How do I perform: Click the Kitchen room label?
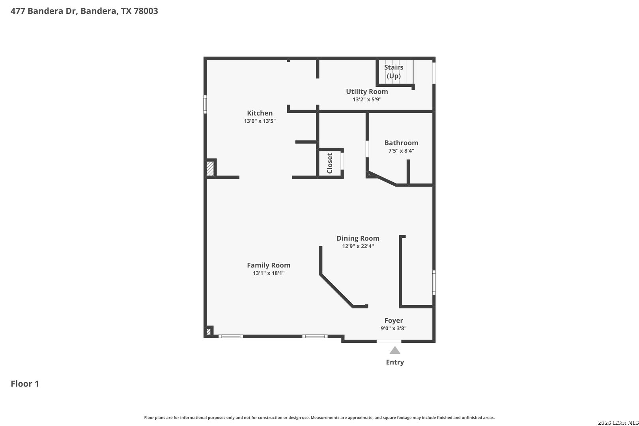click(x=260, y=113)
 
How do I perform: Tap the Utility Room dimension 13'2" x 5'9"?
click(x=367, y=99)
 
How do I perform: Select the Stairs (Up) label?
click(x=394, y=71)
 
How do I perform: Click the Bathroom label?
click(x=401, y=143)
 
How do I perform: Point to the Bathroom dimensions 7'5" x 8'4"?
click(x=401, y=151)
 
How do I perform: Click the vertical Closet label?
click(x=330, y=163)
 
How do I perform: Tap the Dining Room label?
click(x=358, y=238)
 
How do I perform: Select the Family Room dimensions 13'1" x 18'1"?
click(x=269, y=273)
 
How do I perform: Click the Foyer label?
click(x=394, y=320)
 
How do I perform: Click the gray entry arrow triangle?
click(x=395, y=351)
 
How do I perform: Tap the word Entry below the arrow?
click(x=395, y=362)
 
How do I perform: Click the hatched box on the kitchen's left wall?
click(x=210, y=168)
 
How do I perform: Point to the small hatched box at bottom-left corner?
click(x=208, y=331)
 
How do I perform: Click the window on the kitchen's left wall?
click(x=205, y=104)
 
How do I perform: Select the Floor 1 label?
click(x=25, y=384)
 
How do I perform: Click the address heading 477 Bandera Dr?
click(x=84, y=11)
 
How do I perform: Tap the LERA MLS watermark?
click(x=617, y=423)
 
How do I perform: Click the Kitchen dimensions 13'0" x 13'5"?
click(x=260, y=121)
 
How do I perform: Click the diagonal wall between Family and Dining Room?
click(x=336, y=291)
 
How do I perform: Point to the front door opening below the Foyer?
click(x=389, y=341)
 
